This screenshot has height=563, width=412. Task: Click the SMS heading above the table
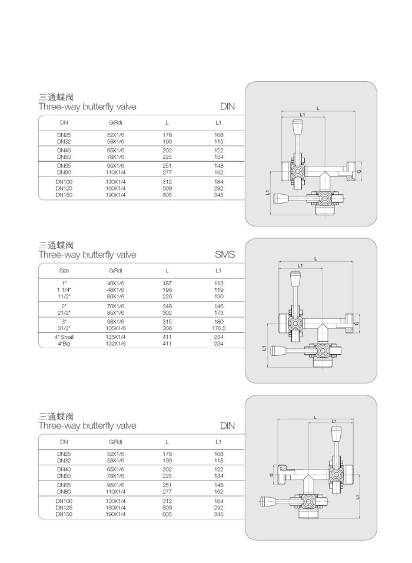coord(225,255)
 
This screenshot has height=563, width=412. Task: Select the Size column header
coord(64,271)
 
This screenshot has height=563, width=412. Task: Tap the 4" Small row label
coord(64,337)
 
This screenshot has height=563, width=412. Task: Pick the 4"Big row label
coord(64,343)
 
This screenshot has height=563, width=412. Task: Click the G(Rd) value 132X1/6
coord(115,343)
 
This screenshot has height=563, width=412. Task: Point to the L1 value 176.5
coord(219,328)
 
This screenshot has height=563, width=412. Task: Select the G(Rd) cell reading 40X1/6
coord(115,284)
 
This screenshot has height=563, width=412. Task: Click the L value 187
coord(167,284)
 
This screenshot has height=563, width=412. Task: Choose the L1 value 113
coord(219,284)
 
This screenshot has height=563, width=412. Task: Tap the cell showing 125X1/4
coord(115,337)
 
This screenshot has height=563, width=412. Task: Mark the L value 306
coord(167,328)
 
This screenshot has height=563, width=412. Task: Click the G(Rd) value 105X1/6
coord(115,328)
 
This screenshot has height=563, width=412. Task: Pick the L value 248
coord(167,307)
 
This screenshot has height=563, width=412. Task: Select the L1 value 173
coord(219,313)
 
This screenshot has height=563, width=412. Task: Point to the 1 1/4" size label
coord(64,290)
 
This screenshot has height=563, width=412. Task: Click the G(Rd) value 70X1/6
coord(115,307)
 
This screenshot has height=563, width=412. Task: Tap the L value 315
coord(167,322)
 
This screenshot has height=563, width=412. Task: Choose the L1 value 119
coord(219,290)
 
